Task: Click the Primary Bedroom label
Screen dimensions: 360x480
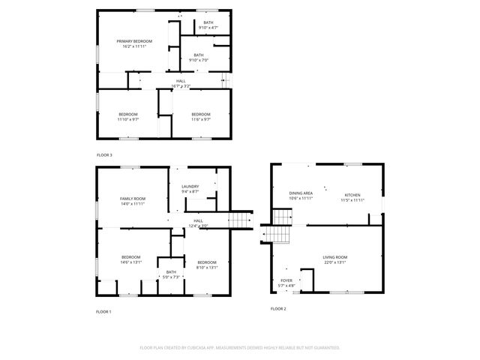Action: (133, 40)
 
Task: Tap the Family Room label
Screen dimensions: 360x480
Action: (132, 198)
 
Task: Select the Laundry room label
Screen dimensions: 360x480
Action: (189, 186)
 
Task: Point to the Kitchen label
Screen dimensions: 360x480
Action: (352, 195)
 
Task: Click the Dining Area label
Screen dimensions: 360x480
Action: (301, 193)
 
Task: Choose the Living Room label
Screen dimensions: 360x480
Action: (334, 257)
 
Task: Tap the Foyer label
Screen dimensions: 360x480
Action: (286, 280)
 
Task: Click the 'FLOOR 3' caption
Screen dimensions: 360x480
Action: (104, 155)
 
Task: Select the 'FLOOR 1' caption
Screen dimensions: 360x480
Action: (103, 311)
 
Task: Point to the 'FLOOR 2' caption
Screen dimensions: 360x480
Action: (278, 309)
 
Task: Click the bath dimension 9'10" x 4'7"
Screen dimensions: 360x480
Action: (208, 28)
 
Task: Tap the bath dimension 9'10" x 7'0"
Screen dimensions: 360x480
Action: (198, 60)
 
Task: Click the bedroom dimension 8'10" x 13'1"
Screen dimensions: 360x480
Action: (206, 267)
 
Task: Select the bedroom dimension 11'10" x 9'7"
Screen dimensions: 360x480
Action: (128, 118)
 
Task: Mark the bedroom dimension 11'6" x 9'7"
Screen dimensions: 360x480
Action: (200, 118)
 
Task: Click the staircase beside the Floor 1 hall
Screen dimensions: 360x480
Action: (239, 220)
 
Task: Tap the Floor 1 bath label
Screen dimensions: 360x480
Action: (171, 272)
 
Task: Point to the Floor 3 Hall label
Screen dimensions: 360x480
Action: (181, 81)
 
